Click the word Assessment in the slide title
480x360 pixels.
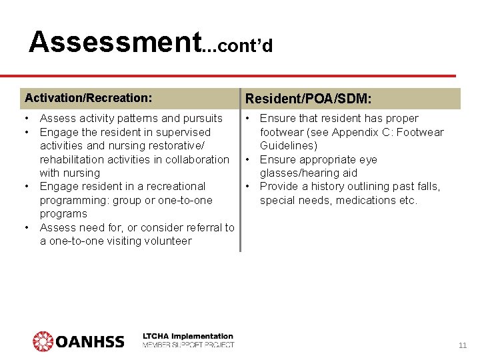[x=115, y=41]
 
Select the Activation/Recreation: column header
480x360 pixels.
[x=88, y=98]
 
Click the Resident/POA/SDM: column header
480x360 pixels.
[x=309, y=99]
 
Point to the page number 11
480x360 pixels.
[x=463, y=345]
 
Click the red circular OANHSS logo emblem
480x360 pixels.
[x=43, y=341]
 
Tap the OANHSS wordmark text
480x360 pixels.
[x=89, y=342]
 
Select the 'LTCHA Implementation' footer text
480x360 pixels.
[x=188, y=336]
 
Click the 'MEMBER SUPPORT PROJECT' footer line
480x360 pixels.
[x=188, y=345]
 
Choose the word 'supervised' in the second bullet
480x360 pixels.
[x=184, y=133]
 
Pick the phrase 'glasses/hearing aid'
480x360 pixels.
[x=309, y=173]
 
